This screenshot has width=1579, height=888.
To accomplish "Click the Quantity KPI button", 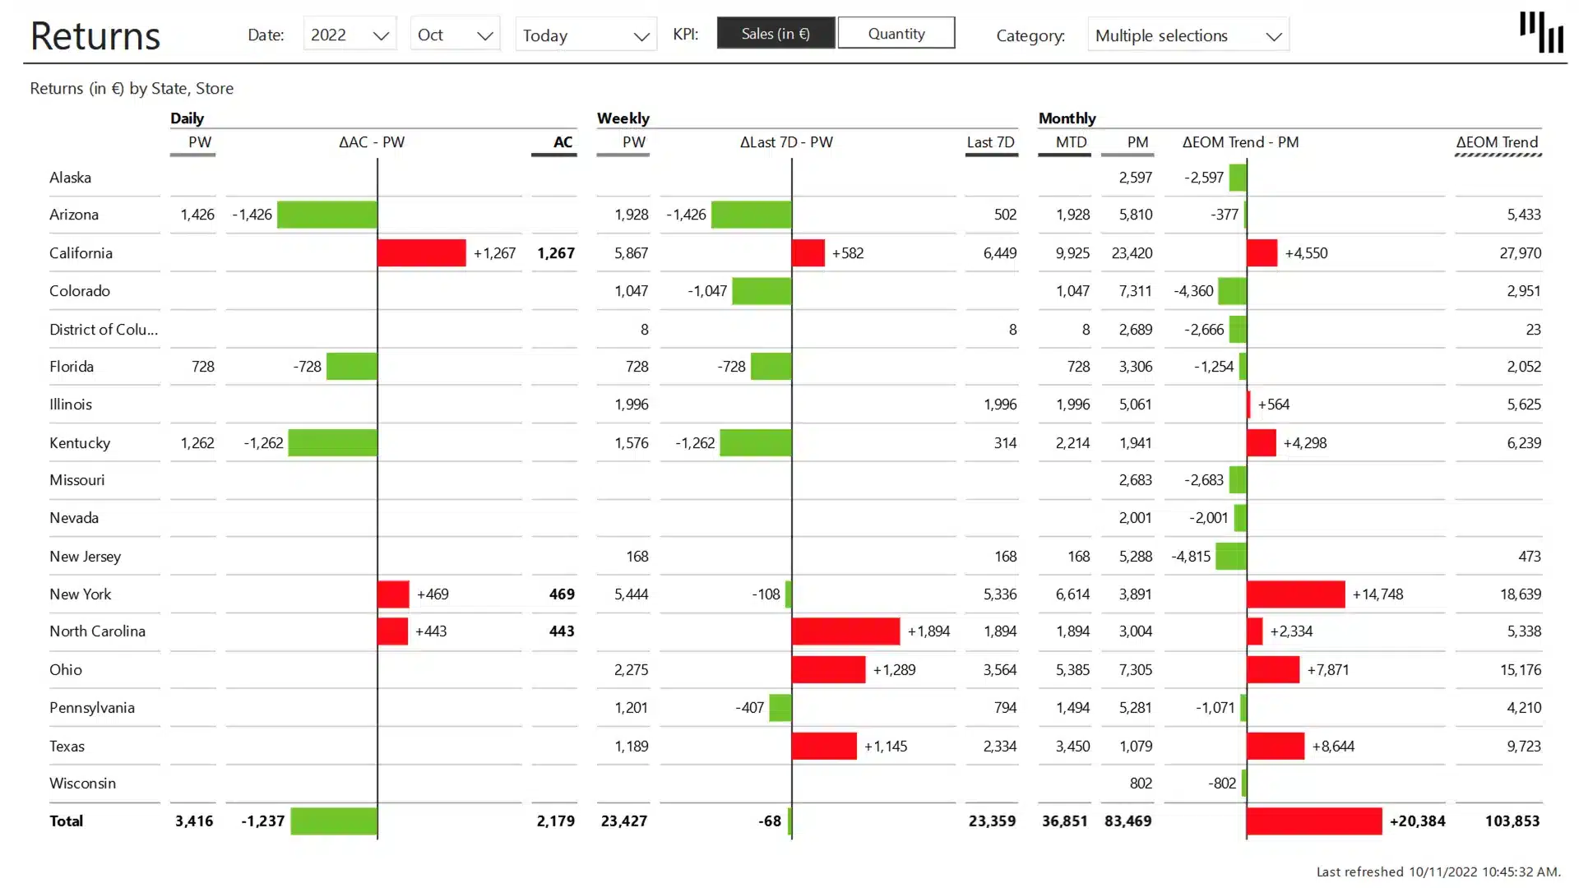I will pyautogui.click(x=896, y=34).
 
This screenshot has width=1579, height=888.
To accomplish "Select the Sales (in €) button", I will pyautogui.click(x=776, y=34).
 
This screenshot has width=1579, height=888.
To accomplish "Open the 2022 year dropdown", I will pyautogui.click(x=350, y=35).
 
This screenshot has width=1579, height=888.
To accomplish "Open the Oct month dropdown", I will pyautogui.click(x=455, y=35).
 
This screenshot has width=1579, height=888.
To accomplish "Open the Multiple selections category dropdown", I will pyautogui.click(x=1188, y=35).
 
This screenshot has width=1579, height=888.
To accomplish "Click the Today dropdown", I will pyautogui.click(x=586, y=35).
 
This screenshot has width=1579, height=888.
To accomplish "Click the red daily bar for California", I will pyautogui.click(x=421, y=253).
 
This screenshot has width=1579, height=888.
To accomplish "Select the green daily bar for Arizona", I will pyautogui.click(x=327, y=215).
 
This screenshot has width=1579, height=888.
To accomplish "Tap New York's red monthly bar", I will pyautogui.click(x=1295, y=594).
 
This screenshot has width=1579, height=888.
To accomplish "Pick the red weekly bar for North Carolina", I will pyautogui.click(x=845, y=631).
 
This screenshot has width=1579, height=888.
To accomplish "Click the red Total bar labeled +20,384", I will pyautogui.click(x=1313, y=821).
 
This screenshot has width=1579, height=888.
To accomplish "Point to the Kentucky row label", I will pyautogui.click(x=80, y=443).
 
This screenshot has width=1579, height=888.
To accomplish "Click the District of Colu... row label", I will pyautogui.click(x=104, y=330).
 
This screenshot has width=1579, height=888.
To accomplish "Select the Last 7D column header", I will pyautogui.click(x=990, y=142).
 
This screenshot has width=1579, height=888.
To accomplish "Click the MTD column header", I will pyautogui.click(x=1071, y=142).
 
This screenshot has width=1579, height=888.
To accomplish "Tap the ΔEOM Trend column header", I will pyautogui.click(x=1497, y=142).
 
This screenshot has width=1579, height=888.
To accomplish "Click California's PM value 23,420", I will pyautogui.click(x=1132, y=253).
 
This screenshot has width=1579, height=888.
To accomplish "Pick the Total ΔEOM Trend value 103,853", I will pyautogui.click(x=1512, y=821).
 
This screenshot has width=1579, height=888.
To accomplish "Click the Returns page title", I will pyautogui.click(x=95, y=36).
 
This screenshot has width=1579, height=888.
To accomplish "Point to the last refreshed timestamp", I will pyautogui.click(x=1438, y=872).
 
